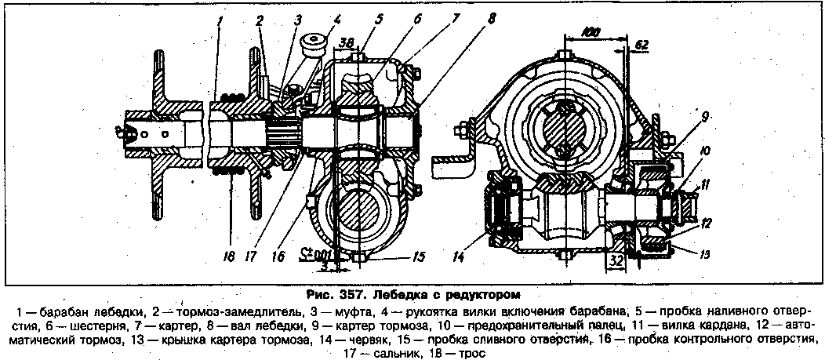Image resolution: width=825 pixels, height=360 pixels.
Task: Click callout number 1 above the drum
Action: [x=223, y=20]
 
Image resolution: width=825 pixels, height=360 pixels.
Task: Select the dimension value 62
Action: [x=641, y=45]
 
